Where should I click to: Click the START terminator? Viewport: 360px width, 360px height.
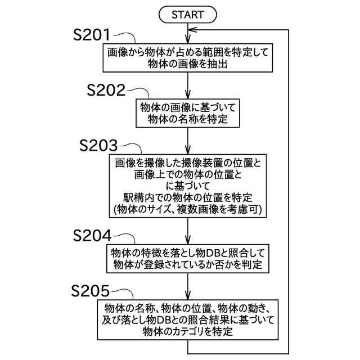click(x=187, y=14)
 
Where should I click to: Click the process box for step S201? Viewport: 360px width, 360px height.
click(x=188, y=58)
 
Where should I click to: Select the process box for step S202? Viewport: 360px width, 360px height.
click(x=188, y=112)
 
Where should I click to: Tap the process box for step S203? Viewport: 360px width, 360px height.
click(x=188, y=186)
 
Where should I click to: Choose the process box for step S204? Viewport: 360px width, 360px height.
click(x=188, y=256)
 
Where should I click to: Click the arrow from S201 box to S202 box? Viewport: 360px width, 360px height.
click(x=188, y=84)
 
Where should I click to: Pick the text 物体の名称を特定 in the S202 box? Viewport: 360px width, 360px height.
click(x=188, y=118)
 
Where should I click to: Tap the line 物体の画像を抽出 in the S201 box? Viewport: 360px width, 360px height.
click(x=188, y=64)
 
